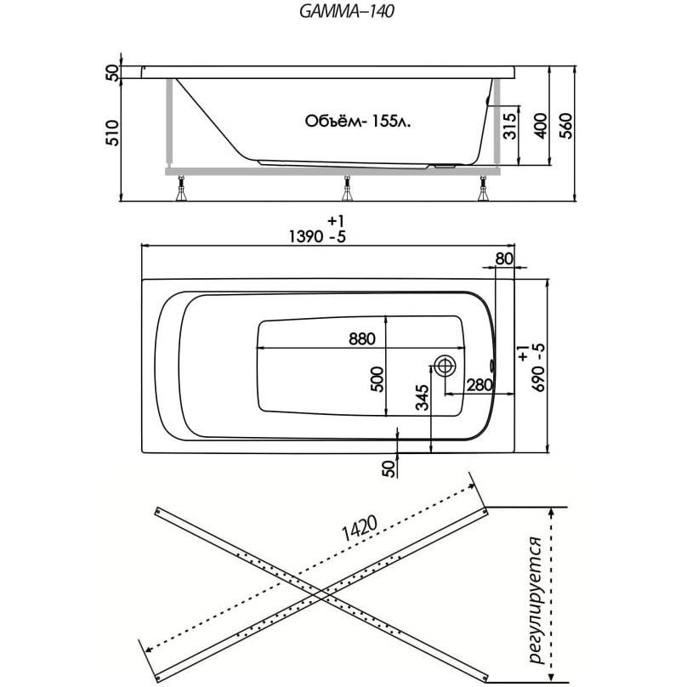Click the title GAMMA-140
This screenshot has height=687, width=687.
point(343,12)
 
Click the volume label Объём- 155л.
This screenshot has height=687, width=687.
point(357,122)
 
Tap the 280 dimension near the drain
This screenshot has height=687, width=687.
point(480,385)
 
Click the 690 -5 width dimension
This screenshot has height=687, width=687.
point(536,367)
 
